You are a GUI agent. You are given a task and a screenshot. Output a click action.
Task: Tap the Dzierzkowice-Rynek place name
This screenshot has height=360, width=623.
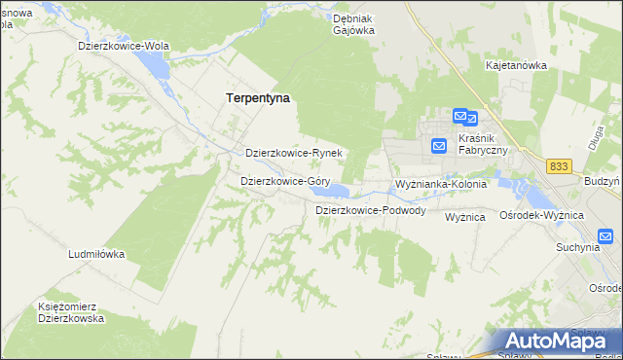click(293, 154)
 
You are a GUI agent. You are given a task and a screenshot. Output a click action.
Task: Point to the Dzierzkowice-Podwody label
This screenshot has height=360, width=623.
click(370, 210)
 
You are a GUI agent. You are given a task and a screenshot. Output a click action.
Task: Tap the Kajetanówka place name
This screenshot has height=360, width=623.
click(516, 65)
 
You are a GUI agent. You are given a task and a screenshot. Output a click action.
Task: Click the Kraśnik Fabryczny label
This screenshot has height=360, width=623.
click(483, 145)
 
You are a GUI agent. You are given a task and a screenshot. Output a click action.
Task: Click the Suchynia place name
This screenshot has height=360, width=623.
click(577, 247)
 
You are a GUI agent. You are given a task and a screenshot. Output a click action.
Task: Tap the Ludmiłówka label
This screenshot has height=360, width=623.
click(96, 254)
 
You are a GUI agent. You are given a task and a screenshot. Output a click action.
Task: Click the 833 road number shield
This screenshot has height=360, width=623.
click(559, 167)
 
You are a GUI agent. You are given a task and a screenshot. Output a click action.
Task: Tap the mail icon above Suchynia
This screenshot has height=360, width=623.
click(605, 235)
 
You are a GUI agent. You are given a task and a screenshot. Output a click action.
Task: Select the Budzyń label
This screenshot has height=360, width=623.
click(603, 182)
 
